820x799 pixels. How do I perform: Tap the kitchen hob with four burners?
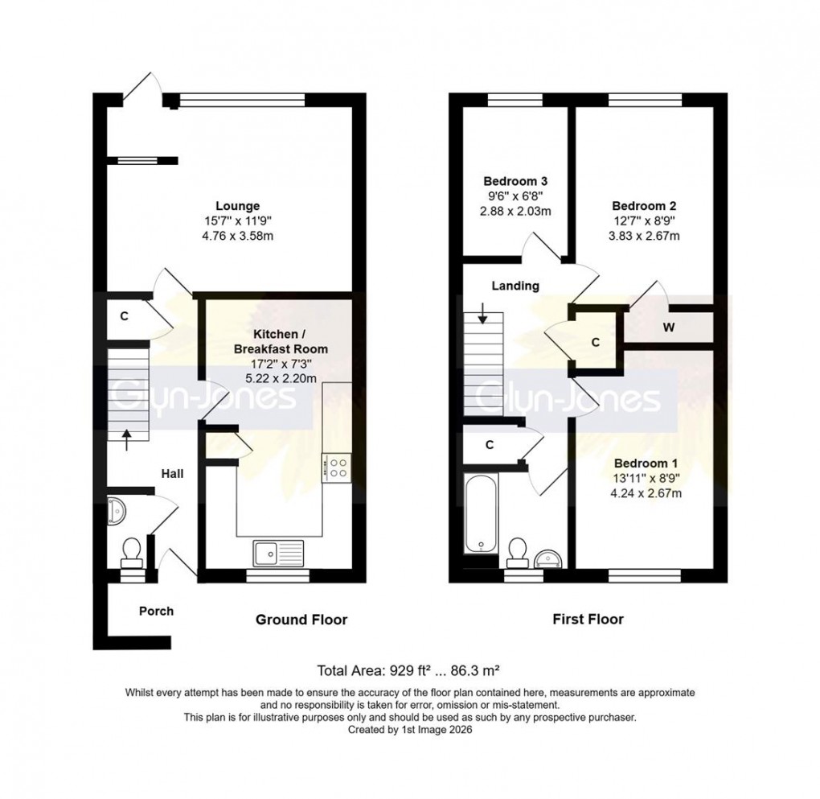[x=336, y=467]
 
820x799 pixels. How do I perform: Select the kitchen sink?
[x=278, y=553]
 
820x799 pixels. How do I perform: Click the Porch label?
[x=156, y=611]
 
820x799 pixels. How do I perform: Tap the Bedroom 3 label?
[x=515, y=181]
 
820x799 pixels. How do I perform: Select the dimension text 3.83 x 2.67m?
[x=647, y=236]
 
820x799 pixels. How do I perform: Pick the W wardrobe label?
[x=668, y=327]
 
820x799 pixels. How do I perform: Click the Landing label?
[x=515, y=286]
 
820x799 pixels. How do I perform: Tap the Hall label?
[x=171, y=474]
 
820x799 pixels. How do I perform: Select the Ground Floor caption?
[x=301, y=620]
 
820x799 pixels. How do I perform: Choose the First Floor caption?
[x=588, y=620]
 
